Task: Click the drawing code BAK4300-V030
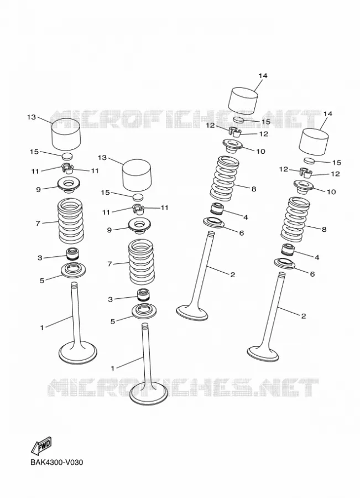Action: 57,463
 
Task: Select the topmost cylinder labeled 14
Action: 243,101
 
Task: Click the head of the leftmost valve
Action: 78,353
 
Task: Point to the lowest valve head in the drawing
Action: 149,394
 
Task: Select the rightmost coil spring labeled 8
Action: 294,220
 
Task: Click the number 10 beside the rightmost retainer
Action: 331,192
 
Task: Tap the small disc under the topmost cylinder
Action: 238,120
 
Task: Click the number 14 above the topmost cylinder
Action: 263,76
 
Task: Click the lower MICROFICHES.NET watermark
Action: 183,388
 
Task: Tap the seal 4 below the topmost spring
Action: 218,208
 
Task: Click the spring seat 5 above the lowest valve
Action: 144,310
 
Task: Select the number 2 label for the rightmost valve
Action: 304,316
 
